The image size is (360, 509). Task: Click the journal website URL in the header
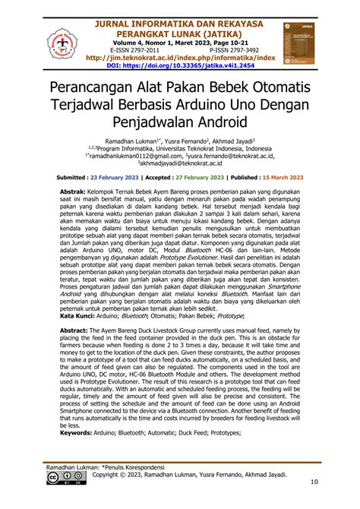pos(180,57)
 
